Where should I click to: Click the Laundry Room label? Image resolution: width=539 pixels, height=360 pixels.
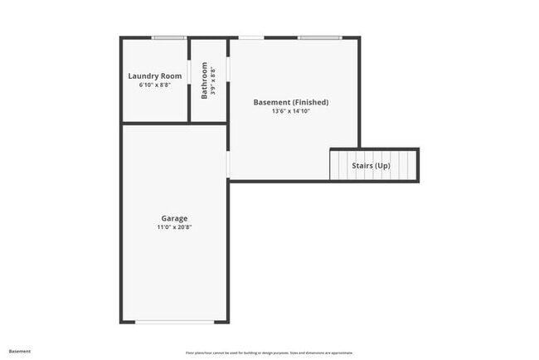[155, 76]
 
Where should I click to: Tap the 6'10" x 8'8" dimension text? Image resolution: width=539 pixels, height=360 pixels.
[155, 85]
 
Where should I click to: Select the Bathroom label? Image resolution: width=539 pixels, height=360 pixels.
[205, 80]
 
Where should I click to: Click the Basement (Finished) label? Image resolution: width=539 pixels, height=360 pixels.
[290, 102]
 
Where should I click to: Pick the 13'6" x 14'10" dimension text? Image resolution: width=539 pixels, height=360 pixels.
[290, 111]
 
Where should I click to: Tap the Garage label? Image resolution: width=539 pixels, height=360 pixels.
[174, 218]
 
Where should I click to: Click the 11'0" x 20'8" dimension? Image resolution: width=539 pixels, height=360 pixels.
[174, 227]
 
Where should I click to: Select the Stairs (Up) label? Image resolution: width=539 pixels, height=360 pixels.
[371, 166]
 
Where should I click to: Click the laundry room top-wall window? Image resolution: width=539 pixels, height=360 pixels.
[168, 37]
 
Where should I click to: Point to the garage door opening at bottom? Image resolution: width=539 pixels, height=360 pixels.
[174, 322]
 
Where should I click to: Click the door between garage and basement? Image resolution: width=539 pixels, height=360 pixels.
[228, 163]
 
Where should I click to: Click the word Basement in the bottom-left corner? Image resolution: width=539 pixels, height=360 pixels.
[19, 352]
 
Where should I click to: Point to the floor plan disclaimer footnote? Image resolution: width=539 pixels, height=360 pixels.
[269, 353]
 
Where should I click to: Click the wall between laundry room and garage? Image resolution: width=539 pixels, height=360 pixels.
[155, 124]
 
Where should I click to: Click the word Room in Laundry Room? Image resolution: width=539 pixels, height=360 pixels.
[172, 76]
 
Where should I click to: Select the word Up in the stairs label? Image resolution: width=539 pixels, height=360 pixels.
[382, 166]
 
